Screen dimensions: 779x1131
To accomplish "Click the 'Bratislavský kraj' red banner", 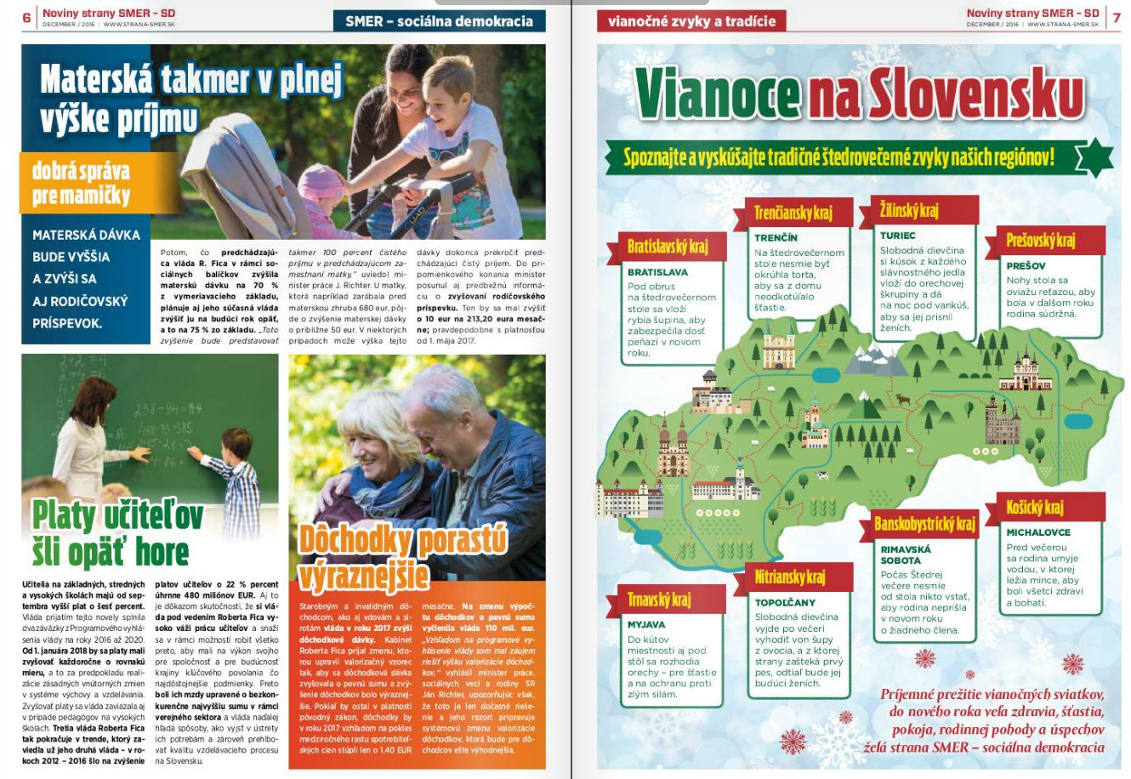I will [x=667, y=247].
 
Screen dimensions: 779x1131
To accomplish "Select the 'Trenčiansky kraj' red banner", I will [x=793, y=213].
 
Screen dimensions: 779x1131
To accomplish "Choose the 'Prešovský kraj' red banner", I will [x=1040, y=240].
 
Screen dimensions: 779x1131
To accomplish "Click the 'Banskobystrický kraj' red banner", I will [x=924, y=523].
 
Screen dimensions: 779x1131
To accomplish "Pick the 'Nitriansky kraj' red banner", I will [x=789, y=577].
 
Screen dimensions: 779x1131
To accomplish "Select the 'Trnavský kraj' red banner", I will [x=658, y=600].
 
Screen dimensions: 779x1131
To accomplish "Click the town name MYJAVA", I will [x=646, y=624].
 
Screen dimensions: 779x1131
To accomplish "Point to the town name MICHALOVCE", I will [x=1038, y=532].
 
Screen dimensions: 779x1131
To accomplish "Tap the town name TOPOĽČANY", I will [x=785, y=602].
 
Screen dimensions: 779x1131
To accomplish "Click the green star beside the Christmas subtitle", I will [x=1093, y=159].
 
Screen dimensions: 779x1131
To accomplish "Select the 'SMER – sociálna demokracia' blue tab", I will [x=439, y=21].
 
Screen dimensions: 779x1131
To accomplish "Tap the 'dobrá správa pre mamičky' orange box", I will [x=88, y=183].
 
